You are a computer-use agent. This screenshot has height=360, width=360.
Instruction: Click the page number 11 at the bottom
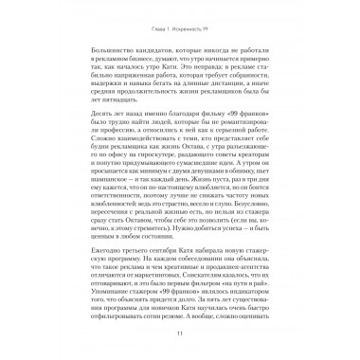coord(179,333)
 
